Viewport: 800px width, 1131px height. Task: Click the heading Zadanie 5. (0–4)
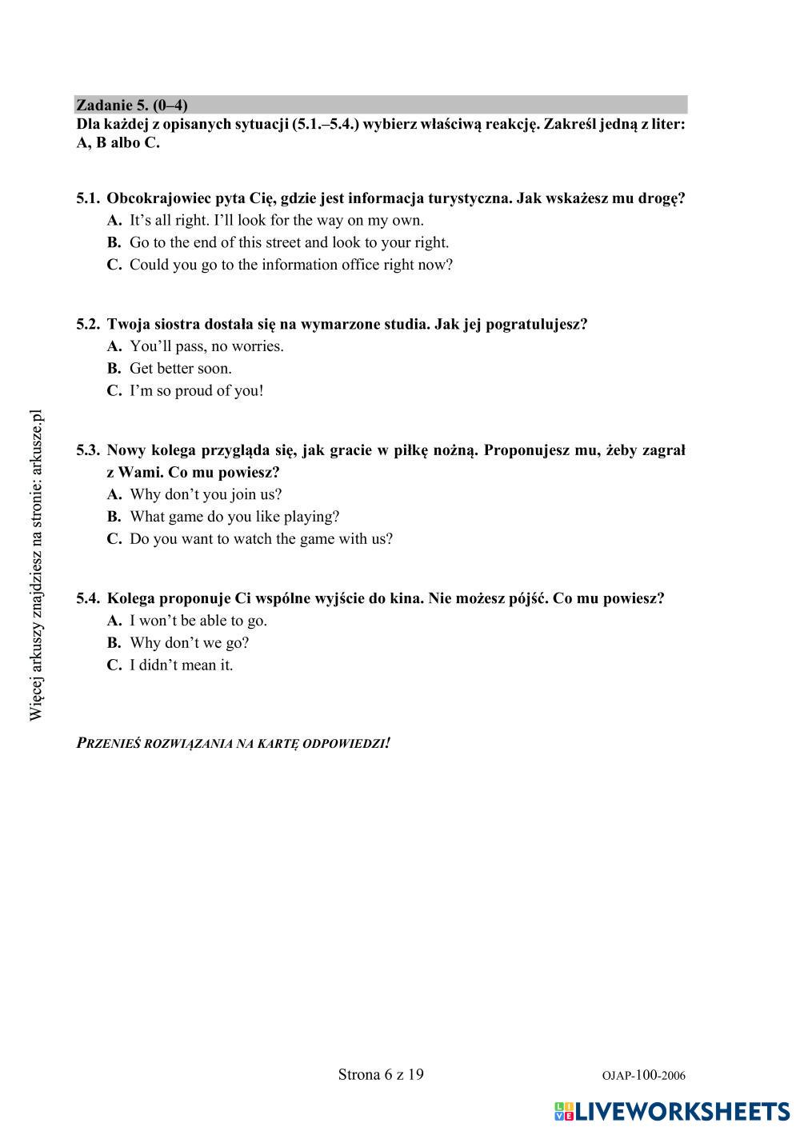132,105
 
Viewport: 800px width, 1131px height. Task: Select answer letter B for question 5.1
114,242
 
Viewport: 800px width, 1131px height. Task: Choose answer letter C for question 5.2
114,391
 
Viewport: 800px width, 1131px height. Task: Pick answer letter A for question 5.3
114,494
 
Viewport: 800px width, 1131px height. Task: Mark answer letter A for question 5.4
114,621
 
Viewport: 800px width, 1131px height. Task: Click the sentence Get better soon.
181,369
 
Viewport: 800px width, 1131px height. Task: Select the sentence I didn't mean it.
182,665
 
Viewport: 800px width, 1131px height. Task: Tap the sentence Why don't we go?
190,643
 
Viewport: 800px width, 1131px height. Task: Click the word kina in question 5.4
406,598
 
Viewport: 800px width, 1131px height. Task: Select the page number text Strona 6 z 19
381,1074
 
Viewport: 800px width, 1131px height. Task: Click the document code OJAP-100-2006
643,1076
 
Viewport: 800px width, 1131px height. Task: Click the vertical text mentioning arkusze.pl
36,565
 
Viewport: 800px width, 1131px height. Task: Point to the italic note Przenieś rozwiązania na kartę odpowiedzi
234,743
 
